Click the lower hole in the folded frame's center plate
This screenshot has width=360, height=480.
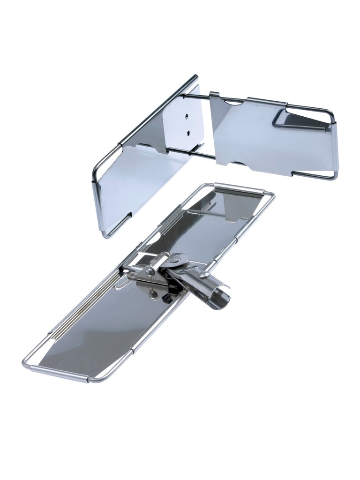[x=188, y=133]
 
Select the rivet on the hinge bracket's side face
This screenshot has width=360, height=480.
[x=149, y=271]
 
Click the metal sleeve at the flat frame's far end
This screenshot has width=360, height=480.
[x=239, y=187]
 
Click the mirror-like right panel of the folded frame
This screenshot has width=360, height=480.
[x=277, y=141]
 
